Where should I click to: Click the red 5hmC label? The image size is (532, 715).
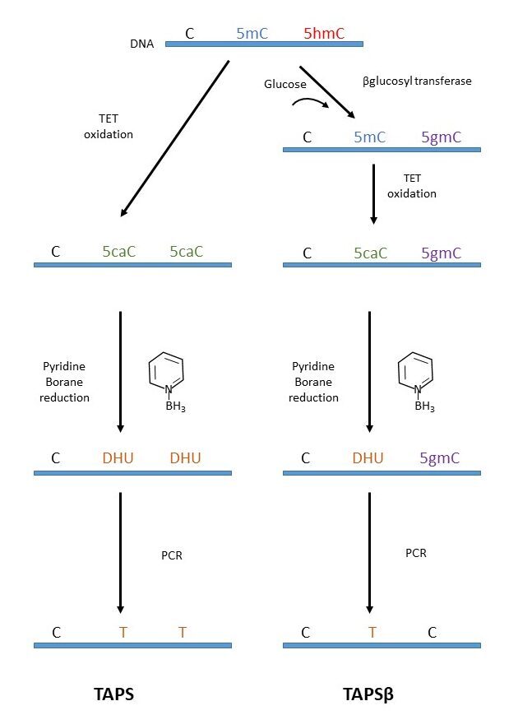[x=324, y=34]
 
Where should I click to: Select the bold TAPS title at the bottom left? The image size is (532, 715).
[x=114, y=694]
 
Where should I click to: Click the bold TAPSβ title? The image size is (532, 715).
[x=368, y=694]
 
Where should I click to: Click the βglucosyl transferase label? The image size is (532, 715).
[x=417, y=82]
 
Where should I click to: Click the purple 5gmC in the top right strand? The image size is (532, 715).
[x=441, y=137]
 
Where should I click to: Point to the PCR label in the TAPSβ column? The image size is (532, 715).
[x=416, y=553]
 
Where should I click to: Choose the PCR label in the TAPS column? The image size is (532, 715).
[x=171, y=555]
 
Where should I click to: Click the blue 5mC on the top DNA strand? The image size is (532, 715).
[x=252, y=34]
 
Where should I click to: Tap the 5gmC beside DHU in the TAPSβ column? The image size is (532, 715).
[x=441, y=458]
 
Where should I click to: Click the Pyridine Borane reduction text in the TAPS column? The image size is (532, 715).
[x=66, y=382]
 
